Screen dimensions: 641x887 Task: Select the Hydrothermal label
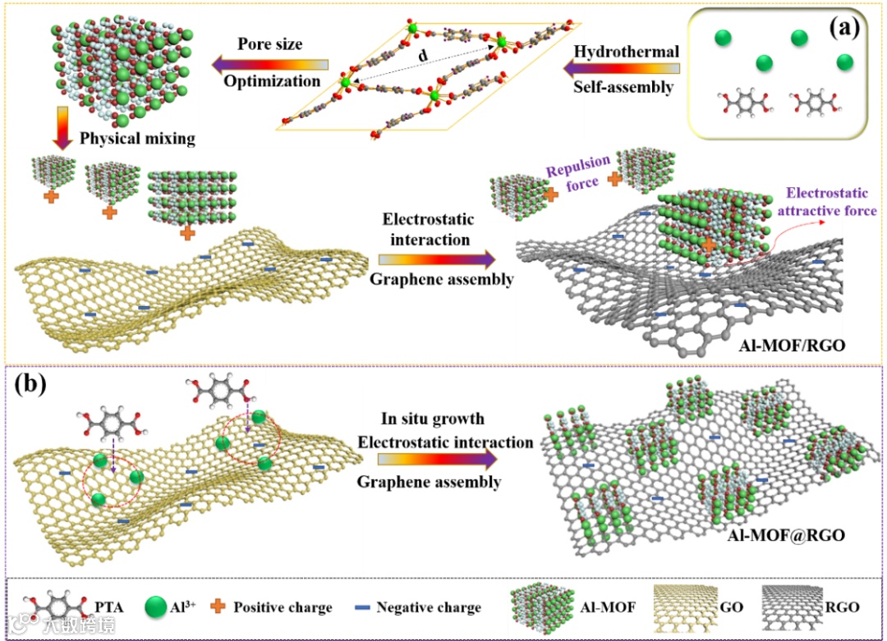(x=627, y=52)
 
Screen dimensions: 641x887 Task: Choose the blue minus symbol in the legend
(x=360, y=608)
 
